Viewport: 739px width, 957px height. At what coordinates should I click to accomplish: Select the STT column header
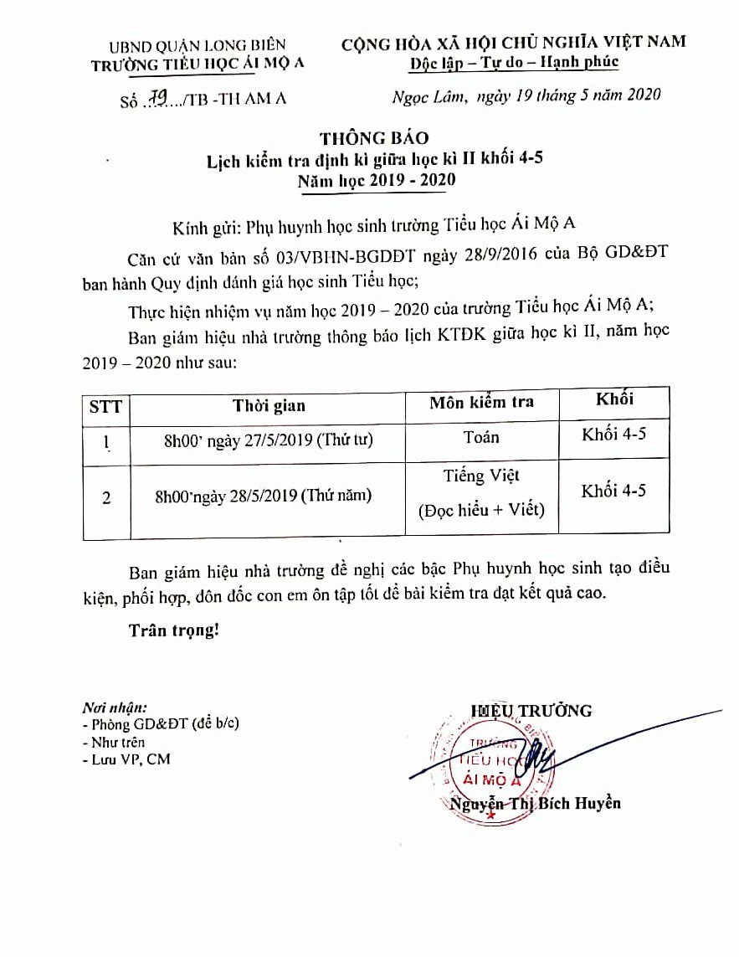(105, 407)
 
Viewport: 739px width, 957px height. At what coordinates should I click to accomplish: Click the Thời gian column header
(269, 406)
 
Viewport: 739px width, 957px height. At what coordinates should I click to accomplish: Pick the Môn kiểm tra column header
(481, 403)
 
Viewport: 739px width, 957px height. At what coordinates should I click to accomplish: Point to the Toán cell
(481, 437)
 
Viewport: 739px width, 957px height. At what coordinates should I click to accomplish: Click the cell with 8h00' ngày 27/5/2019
(268, 439)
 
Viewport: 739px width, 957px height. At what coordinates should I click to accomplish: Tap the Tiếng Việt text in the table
(481, 476)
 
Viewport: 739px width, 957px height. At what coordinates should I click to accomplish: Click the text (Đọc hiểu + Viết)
(481, 509)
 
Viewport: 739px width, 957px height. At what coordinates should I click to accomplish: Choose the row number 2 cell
(106, 497)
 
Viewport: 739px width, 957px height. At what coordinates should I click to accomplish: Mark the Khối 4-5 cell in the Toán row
(613, 434)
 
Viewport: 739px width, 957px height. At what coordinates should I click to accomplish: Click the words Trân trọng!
(173, 630)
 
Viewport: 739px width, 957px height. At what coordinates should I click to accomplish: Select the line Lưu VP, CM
(126, 759)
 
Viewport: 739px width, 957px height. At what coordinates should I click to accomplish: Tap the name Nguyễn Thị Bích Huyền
(535, 804)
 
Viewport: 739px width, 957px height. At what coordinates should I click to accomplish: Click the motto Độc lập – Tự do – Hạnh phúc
(514, 61)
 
